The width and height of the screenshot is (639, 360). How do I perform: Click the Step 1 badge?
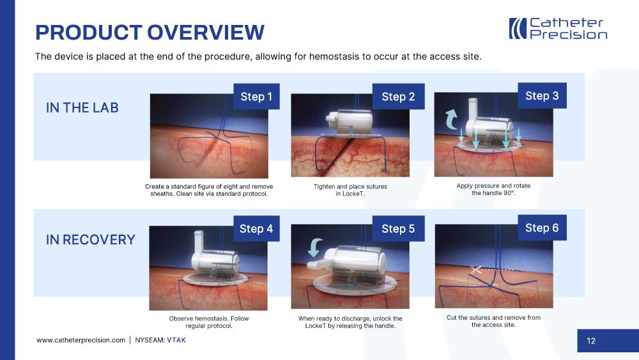(256, 97)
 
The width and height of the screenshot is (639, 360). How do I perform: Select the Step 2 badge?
(398, 97)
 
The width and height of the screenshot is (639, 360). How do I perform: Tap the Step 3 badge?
(542, 96)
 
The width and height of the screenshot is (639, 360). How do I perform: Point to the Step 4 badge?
(256, 229)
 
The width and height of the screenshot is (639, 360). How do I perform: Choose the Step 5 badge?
(398, 229)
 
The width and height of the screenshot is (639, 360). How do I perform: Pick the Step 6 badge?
(542, 228)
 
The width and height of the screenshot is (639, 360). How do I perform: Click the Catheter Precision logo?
(558, 29)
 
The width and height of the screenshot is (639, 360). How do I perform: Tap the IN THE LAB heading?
(82, 107)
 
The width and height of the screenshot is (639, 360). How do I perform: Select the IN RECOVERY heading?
(91, 240)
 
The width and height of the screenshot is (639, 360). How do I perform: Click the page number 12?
(591, 341)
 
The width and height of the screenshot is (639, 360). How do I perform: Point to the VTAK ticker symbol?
(176, 340)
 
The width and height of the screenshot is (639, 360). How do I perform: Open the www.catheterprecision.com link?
(81, 340)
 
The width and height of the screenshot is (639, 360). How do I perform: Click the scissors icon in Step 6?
(475, 269)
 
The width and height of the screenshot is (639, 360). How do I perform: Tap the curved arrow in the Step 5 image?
(316, 247)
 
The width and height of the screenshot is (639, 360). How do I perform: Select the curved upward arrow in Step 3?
(452, 119)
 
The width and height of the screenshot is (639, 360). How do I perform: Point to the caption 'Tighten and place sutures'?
(350, 186)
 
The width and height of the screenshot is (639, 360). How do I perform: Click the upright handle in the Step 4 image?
(199, 242)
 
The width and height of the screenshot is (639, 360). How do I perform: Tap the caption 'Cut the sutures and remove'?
(493, 318)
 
